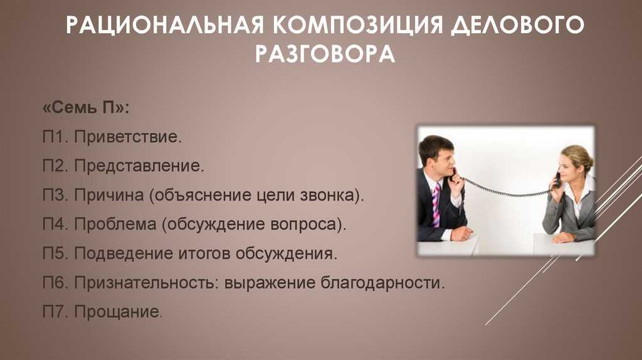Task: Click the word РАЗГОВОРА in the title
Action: coord(325,53)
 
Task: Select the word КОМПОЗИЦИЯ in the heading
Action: coord(358,25)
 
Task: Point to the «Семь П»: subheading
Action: coord(86,108)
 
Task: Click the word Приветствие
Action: coord(128,137)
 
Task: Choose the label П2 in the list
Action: coord(55,166)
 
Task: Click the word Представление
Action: coord(139,166)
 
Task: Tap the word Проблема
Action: coord(115,225)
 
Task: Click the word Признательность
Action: coord(146,283)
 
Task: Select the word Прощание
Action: coord(118,312)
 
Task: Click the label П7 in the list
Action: coord(55,312)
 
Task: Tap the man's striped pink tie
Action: coord(436,205)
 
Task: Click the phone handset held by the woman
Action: coord(557,180)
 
